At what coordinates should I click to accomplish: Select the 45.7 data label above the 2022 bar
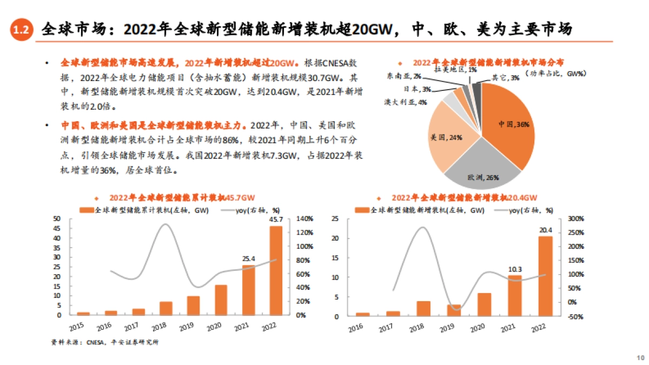[x=276, y=220]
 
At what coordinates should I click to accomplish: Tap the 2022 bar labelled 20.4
[x=546, y=276]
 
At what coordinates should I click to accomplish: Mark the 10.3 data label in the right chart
[x=515, y=269]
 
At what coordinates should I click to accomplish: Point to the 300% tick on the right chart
[x=574, y=219]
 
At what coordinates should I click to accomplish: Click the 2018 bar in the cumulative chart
[x=165, y=308]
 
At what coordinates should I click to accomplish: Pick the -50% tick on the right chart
[x=574, y=316]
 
